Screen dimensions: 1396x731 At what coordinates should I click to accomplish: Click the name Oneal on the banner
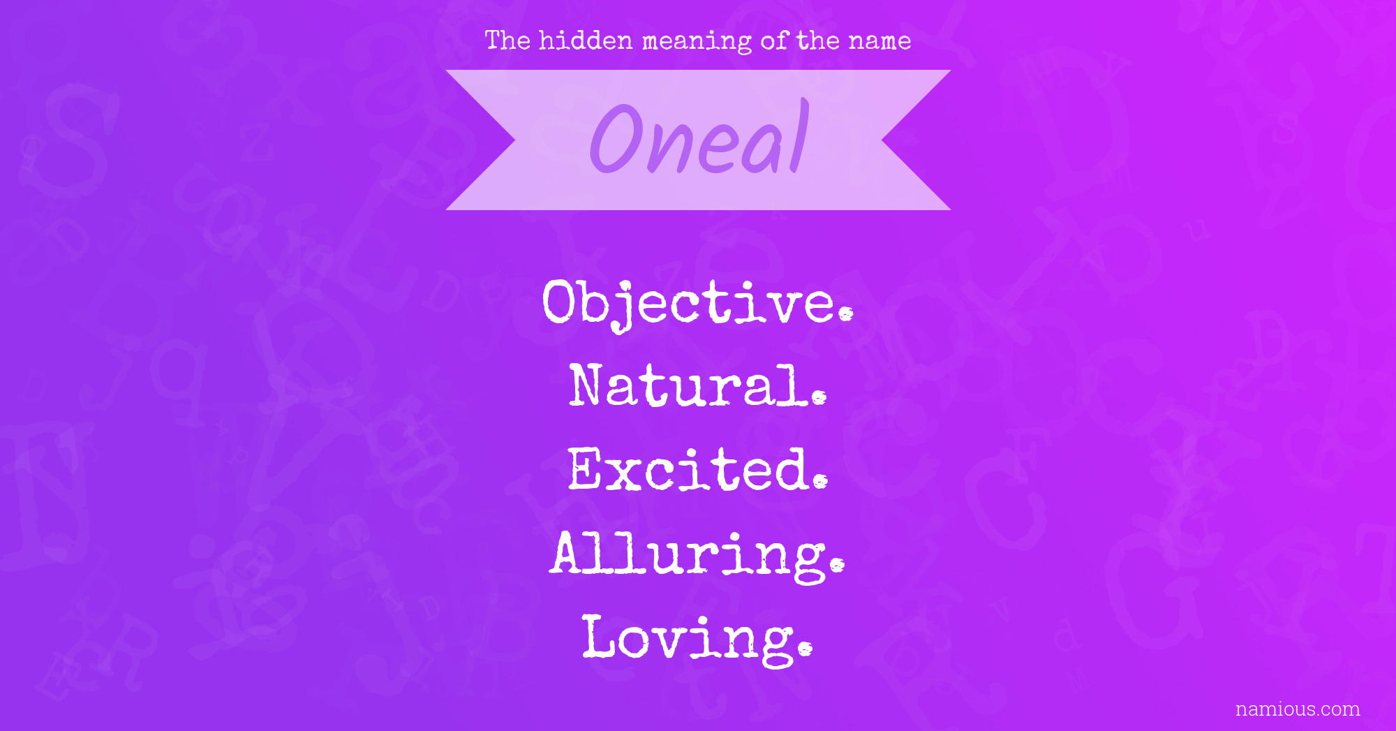699,138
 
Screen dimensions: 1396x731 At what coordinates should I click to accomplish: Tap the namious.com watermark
1298,709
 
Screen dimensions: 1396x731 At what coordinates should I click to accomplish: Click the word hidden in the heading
586,40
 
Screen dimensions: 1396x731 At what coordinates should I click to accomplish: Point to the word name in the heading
879,42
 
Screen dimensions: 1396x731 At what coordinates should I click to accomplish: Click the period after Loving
805,649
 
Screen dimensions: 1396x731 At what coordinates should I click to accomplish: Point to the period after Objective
846,314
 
